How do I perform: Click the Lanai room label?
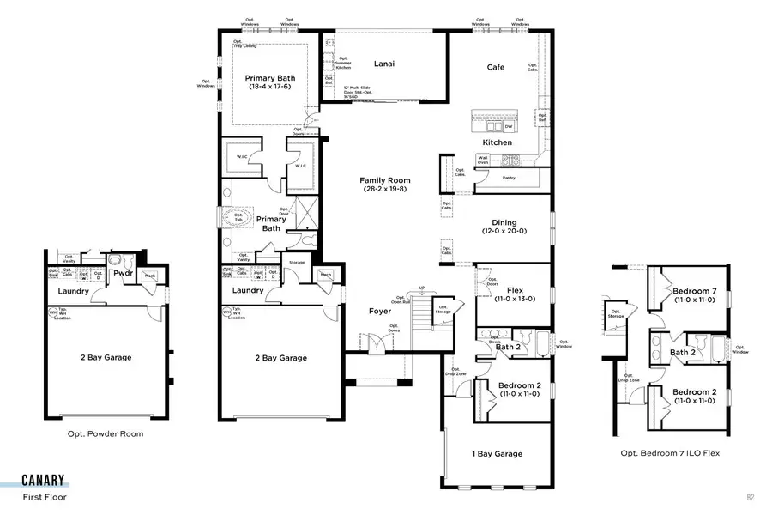[x=384, y=64]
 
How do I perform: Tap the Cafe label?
[x=496, y=67]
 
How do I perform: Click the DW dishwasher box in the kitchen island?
[x=508, y=126]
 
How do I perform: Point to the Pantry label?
[x=509, y=178]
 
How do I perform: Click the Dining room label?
[x=498, y=222]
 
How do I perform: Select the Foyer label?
[x=380, y=312]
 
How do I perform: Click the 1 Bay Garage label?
[x=497, y=454]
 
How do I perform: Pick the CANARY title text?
[x=45, y=481]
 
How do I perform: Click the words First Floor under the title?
[x=44, y=496]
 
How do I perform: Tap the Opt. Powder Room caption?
[x=106, y=433]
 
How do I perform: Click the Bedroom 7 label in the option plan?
[x=696, y=291]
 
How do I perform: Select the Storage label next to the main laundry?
[x=297, y=262]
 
